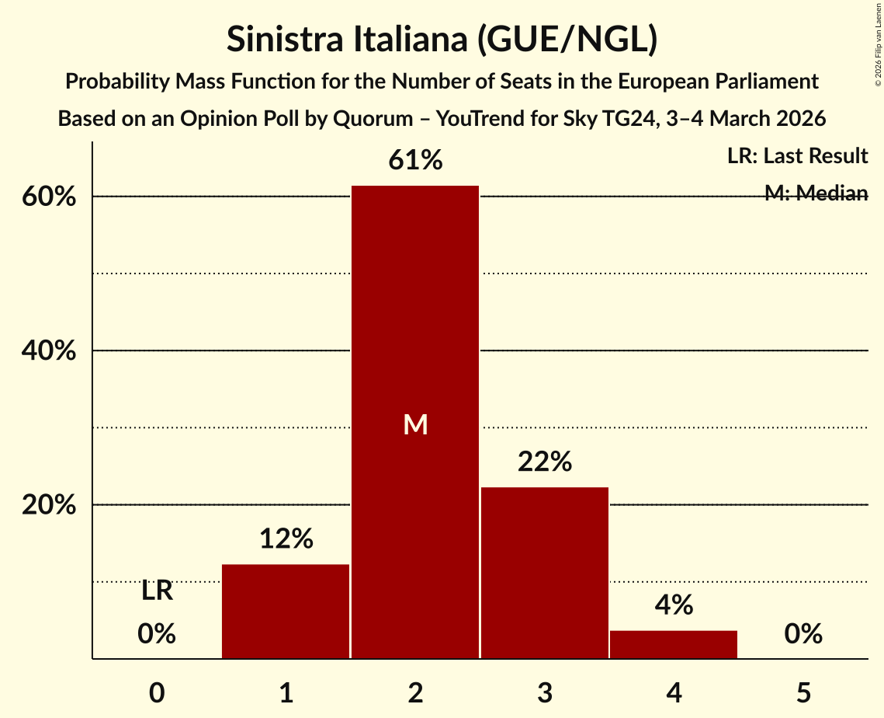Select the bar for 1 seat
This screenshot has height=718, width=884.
286,611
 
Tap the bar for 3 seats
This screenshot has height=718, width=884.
544,573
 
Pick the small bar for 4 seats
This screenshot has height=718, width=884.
673,644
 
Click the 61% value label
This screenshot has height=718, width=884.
415,161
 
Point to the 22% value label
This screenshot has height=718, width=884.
544,462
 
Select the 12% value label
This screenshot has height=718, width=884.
286,538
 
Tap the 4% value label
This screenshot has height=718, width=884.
673,605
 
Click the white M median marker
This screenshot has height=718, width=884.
415,424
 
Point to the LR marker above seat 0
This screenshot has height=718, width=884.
157,591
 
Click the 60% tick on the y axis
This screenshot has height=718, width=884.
48,197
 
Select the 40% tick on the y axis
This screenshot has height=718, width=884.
48,350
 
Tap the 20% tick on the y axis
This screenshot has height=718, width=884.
48,505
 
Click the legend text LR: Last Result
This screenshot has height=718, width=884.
797,156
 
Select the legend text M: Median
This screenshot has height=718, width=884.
816,193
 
